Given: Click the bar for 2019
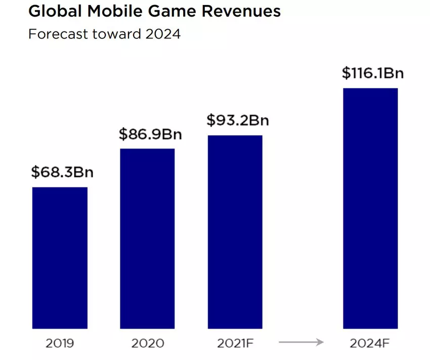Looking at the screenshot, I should [60, 258].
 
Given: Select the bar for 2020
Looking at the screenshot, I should [147, 239].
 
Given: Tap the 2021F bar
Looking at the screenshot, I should [235, 232].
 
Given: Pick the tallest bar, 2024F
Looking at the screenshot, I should [370, 208].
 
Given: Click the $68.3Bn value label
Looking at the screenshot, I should [62, 172].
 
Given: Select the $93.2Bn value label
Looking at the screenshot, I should [238, 121].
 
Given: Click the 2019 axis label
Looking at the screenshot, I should [60, 343].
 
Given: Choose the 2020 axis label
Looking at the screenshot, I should [148, 343].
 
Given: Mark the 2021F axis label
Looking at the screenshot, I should [235, 343].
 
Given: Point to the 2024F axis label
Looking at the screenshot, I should [370, 343].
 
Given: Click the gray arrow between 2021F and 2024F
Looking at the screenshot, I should [301, 343].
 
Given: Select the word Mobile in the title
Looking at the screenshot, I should [110, 12].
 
